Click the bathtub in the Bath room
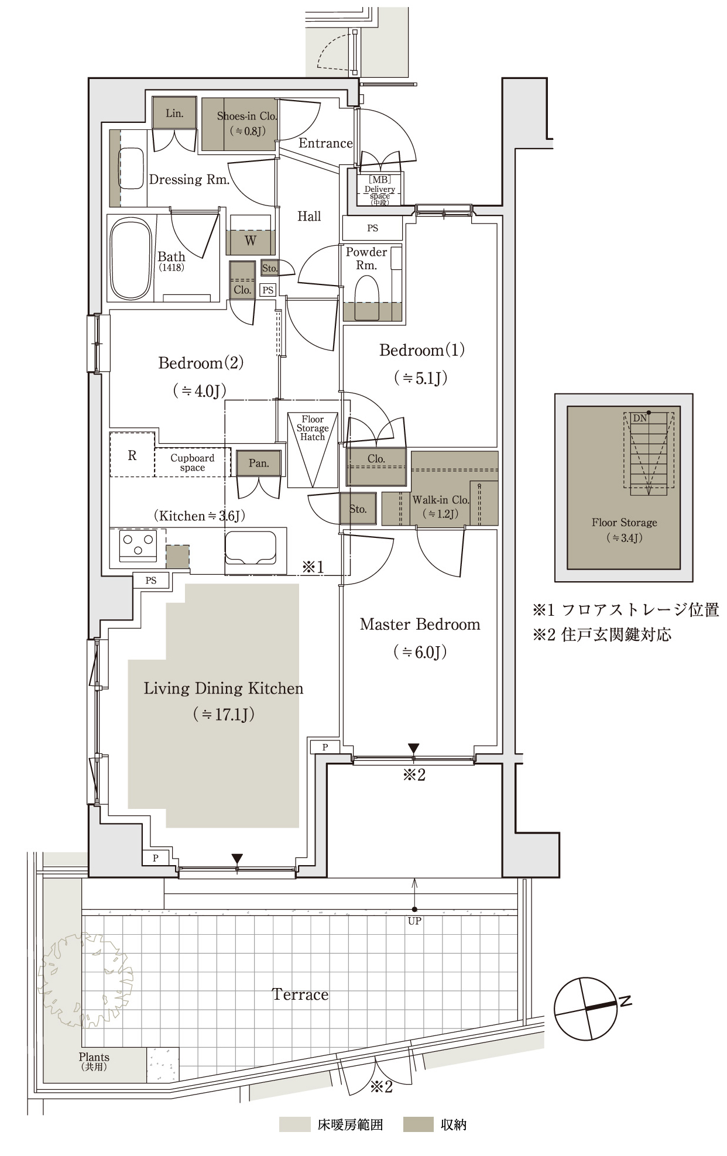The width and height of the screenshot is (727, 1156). click(131, 258)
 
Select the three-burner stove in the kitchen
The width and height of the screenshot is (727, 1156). click(138, 545)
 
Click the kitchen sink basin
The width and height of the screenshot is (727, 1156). click(251, 548)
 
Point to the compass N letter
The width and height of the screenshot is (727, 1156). click(625, 1001)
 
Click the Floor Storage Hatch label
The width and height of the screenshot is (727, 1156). click(313, 428)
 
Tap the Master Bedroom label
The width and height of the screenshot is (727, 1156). click(420, 625)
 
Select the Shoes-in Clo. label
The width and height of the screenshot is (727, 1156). click(246, 116)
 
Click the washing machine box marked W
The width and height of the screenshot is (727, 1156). click(251, 239)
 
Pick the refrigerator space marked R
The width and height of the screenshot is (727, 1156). click(132, 455)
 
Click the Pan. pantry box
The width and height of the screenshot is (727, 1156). click(259, 463)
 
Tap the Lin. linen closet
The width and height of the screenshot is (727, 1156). click(174, 113)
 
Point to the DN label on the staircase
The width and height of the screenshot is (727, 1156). click(640, 418)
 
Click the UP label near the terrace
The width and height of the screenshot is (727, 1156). click(414, 921)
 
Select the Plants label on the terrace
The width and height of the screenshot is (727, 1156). click(94, 1057)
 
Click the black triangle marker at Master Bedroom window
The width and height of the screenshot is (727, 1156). click(414, 749)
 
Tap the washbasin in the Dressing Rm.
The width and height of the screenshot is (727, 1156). click(131, 169)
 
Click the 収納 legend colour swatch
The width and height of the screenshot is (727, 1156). click(418, 1124)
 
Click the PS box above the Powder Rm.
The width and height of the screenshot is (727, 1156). click(372, 228)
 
